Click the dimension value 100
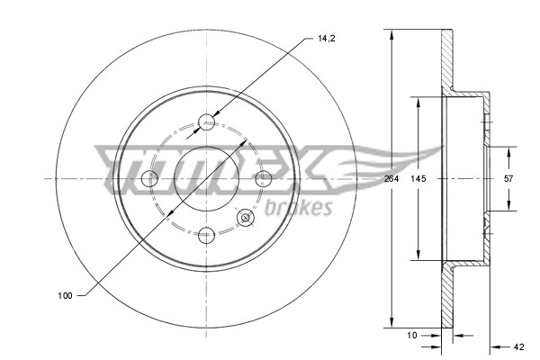coord(66,294)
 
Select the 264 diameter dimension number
coord(391,179)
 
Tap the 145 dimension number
coord(418,179)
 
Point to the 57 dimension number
coord(508,179)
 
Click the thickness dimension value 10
coord(412,334)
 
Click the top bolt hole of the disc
coord(207,121)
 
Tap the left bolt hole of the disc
coord(150,179)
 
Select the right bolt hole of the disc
coord(264,179)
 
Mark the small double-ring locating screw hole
coord(244,217)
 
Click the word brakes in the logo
coord(299,209)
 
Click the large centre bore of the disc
coord(207,179)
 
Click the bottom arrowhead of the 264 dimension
coord(391,325)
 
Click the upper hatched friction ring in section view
coord(444,58)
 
